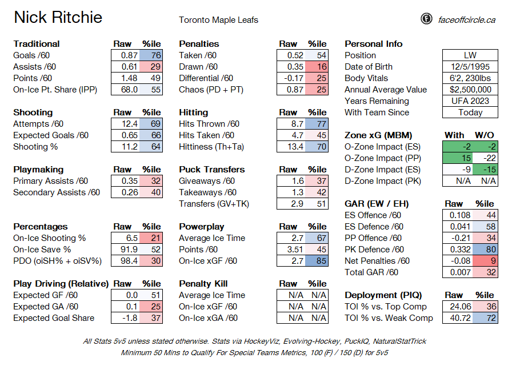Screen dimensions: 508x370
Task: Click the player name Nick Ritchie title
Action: tap(58, 17)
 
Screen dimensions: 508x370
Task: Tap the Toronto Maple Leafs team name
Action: tap(218, 20)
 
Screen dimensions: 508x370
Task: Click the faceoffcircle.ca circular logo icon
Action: tap(426, 19)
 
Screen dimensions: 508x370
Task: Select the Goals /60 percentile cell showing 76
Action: tap(151, 55)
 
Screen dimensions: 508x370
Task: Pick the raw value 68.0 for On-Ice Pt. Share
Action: tap(125, 90)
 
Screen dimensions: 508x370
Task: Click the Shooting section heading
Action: tap(33, 112)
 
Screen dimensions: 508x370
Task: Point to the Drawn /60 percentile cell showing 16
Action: tap(317, 67)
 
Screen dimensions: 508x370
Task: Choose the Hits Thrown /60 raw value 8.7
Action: tap(291, 124)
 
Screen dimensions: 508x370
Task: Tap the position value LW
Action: tap(470, 55)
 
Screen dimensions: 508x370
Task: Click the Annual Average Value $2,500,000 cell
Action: tap(470, 90)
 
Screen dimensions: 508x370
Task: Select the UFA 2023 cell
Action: tap(470, 101)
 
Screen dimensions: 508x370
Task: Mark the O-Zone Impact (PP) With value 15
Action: tap(458, 158)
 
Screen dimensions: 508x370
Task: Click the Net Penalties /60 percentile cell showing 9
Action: tap(485, 261)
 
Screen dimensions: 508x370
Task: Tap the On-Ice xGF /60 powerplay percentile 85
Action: tap(317, 261)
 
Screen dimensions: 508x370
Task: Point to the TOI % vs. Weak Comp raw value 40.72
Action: tap(458, 318)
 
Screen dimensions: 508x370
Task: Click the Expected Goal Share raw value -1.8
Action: tap(125, 318)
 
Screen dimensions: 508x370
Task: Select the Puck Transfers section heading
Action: tap(212, 170)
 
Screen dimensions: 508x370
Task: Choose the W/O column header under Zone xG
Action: tap(485, 135)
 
